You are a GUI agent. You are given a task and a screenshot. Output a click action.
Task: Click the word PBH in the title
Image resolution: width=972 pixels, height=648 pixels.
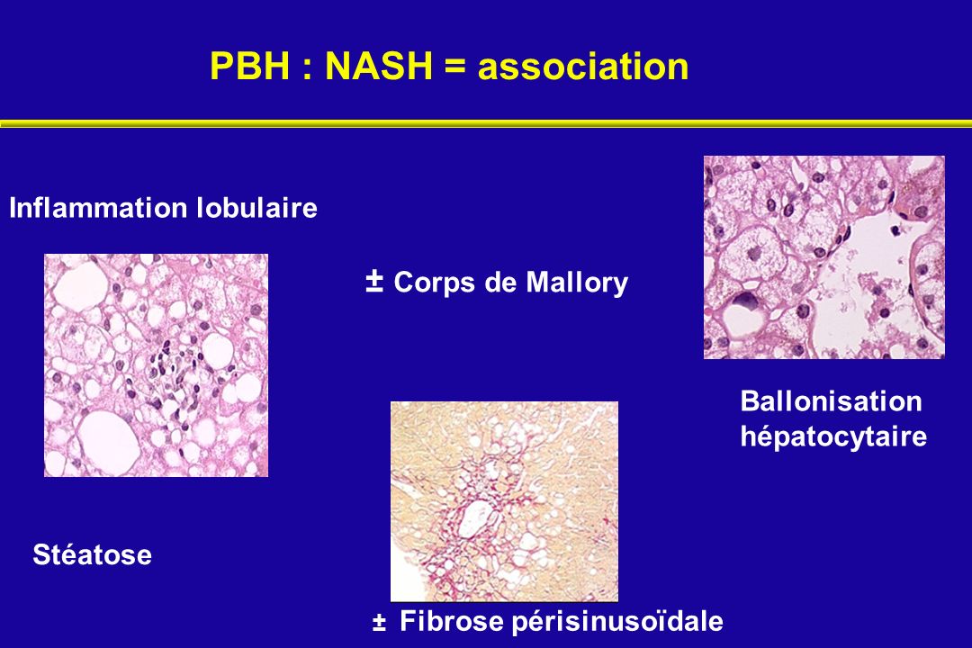pyautogui.click(x=250, y=66)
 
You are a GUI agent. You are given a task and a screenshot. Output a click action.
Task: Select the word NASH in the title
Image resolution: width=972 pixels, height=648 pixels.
pyautogui.click(x=379, y=66)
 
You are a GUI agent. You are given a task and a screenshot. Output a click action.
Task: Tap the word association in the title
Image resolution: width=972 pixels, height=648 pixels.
pyautogui.click(x=583, y=67)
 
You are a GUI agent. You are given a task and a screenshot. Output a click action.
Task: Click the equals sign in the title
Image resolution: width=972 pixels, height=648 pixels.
pyautogui.click(x=455, y=66)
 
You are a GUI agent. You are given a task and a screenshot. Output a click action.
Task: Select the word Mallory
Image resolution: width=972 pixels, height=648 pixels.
pyautogui.click(x=577, y=283)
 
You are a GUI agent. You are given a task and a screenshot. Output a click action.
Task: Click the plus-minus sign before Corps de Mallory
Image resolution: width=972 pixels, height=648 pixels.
pyautogui.click(x=374, y=281)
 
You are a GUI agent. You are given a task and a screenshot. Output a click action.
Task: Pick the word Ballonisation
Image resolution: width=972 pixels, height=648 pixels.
pyautogui.click(x=832, y=401)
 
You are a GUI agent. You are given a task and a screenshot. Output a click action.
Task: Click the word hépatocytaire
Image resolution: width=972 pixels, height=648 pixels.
pyautogui.click(x=833, y=436)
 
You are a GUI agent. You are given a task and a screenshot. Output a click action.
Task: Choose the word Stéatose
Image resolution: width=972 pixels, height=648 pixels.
pyautogui.click(x=93, y=554)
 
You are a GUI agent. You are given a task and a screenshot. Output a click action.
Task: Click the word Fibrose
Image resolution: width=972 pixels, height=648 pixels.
pyautogui.click(x=452, y=621)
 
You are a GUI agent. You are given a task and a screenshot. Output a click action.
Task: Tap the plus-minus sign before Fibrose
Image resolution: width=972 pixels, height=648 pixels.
pyautogui.click(x=379, y=621)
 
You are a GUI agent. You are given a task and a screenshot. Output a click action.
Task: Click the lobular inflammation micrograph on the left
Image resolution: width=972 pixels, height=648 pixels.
pyautogui.click(x=157, y=365)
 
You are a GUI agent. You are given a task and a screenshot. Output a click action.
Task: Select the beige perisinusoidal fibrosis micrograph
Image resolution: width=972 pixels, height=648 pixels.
pyautogui.click(x=505, y=501)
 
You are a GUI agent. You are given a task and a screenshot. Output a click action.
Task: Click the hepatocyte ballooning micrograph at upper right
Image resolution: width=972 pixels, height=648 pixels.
pyautogui.click(x=824, y=257)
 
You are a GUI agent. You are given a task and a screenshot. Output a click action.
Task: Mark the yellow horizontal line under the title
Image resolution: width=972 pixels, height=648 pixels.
pyautogui.click(x=486, y=123)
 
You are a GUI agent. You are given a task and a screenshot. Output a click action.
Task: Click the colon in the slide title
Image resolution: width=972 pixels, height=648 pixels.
pyautogui.click(x=307, y=67)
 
